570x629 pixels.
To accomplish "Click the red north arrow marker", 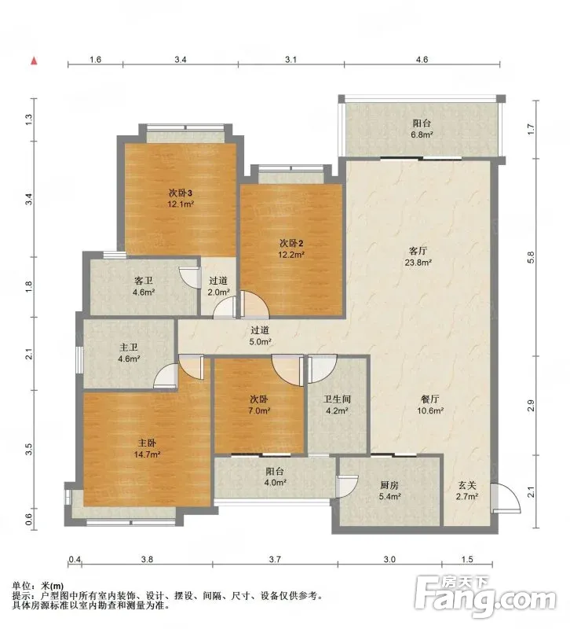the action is (35, 61).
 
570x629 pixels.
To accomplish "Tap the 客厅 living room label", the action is (418, 251).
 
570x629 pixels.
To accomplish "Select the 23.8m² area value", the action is (418, 263).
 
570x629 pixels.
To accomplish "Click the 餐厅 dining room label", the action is (430, 399).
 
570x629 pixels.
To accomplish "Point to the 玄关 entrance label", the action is (467, 485).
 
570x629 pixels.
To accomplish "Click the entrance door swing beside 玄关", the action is (506, 498).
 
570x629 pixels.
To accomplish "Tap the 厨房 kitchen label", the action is (389, 485).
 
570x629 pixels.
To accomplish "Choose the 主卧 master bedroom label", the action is (147, 443).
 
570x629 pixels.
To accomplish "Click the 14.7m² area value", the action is (147, 454).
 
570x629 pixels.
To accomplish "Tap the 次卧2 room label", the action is (291, 243).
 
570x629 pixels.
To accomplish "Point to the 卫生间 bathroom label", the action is (338, 399).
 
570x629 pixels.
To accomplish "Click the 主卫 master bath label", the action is (129, 347).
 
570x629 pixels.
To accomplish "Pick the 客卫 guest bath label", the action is (144, 281).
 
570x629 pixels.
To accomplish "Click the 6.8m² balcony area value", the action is (422, 134).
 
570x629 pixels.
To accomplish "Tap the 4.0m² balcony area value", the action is (276, 483).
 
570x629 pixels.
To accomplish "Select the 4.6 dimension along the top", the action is (422, 60).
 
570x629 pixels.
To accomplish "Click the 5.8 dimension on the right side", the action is (532, 258).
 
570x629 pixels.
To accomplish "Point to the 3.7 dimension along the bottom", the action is (276, 559).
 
